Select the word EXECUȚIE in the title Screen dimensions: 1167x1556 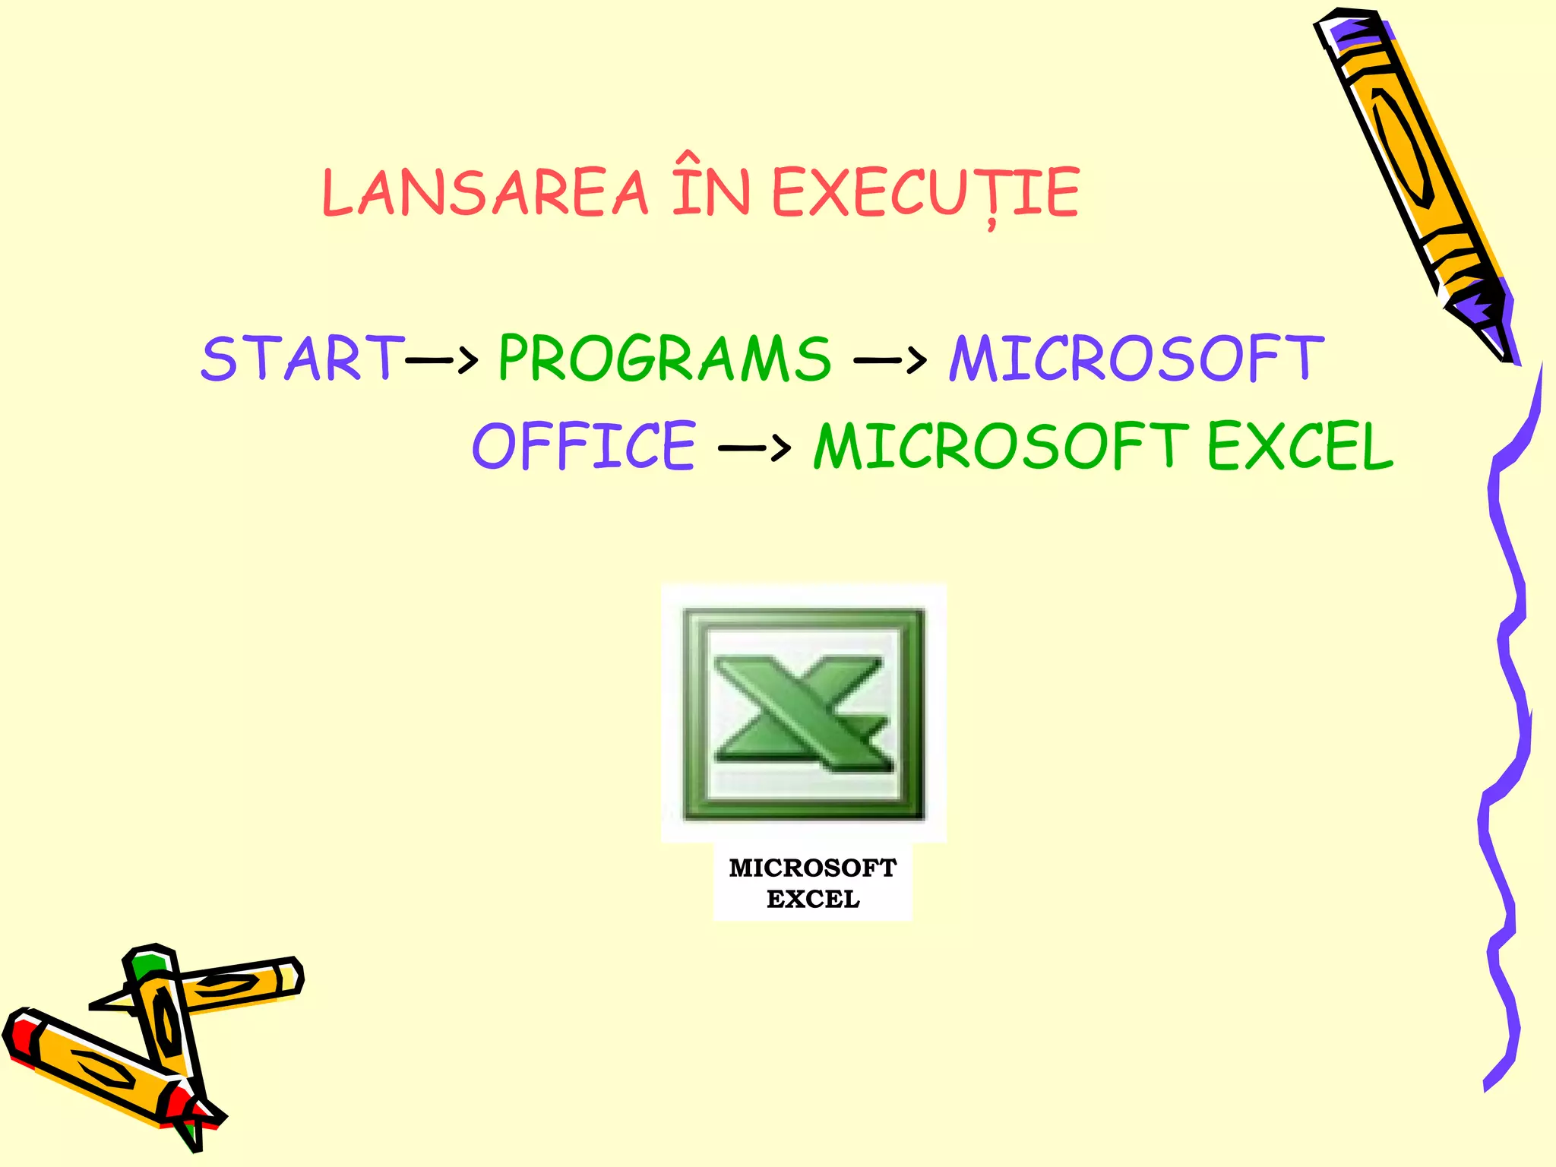(925, 192)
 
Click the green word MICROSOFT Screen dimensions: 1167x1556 (1001, 446)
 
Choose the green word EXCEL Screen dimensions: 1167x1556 (1301, 446)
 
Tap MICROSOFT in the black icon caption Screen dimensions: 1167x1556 (812, 868)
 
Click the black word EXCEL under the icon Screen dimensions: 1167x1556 (812, 899)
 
